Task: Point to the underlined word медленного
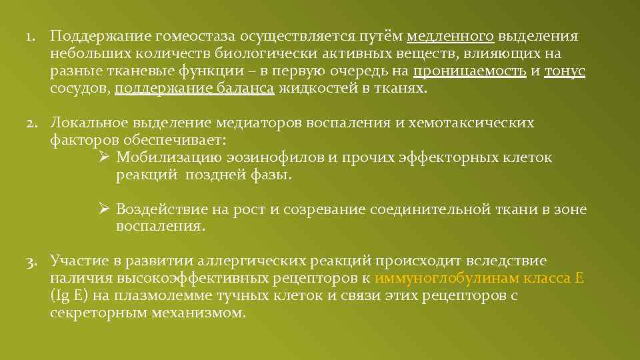(450, 37)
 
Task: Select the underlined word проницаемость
(469, 71)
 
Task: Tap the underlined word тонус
(565, 71)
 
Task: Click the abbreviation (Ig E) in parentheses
(69, 295)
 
